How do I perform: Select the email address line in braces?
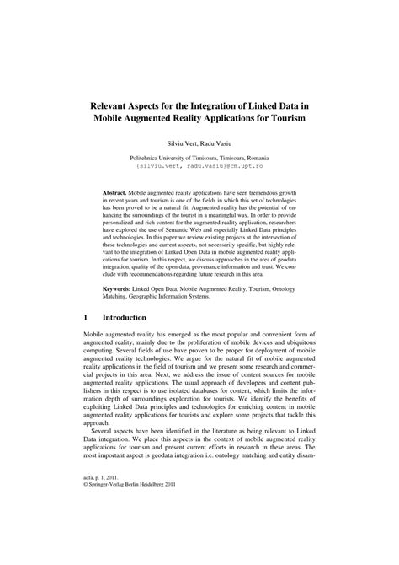(x=199, y=167)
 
